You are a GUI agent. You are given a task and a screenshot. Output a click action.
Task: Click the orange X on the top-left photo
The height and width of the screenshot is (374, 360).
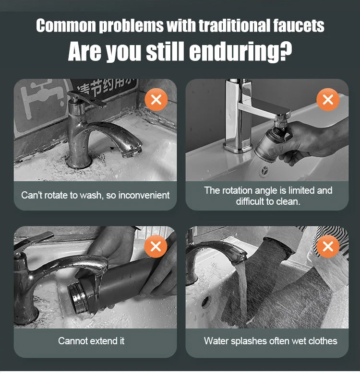coord(156,99)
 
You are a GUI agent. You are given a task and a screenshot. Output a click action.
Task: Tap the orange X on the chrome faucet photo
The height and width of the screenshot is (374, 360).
coord(328,99)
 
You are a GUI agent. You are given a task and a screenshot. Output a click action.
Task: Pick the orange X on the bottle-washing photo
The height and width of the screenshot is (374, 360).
coord(156,246)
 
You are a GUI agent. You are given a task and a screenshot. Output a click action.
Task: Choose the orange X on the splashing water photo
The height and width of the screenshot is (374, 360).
coord(328,246)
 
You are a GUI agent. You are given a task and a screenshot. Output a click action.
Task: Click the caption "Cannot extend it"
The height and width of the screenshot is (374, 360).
coord(91,341)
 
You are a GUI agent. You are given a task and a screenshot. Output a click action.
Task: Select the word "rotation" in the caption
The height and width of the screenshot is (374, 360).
coord(237,190)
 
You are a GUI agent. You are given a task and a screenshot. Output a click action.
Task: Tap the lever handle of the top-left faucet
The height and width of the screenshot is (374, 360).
coord(88,99)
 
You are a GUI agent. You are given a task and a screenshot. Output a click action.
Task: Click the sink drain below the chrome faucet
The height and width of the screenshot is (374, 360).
coord(264,171)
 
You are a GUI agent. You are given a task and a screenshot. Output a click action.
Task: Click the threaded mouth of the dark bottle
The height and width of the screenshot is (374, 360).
coord(78,298)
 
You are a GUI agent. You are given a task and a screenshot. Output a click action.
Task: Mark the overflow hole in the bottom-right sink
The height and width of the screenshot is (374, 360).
coord(206,301)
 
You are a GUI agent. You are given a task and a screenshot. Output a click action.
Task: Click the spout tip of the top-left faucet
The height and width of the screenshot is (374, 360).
coord(132,152)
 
